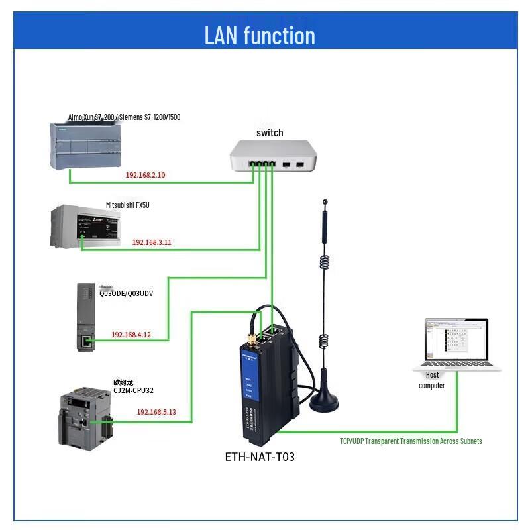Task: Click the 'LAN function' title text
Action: tap(260, 35)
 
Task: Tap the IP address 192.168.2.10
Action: tap(145, 176)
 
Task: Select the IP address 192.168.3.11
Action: tap(152, 242)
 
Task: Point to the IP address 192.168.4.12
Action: tap(131, 335)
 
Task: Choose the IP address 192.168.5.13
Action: tap(156, 412)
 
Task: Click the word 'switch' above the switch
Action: tap(270, 132)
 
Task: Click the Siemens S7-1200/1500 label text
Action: tap(124, 117)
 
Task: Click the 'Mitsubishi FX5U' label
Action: tap(128, 205)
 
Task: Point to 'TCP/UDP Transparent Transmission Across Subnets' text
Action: tap(411, 441)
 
